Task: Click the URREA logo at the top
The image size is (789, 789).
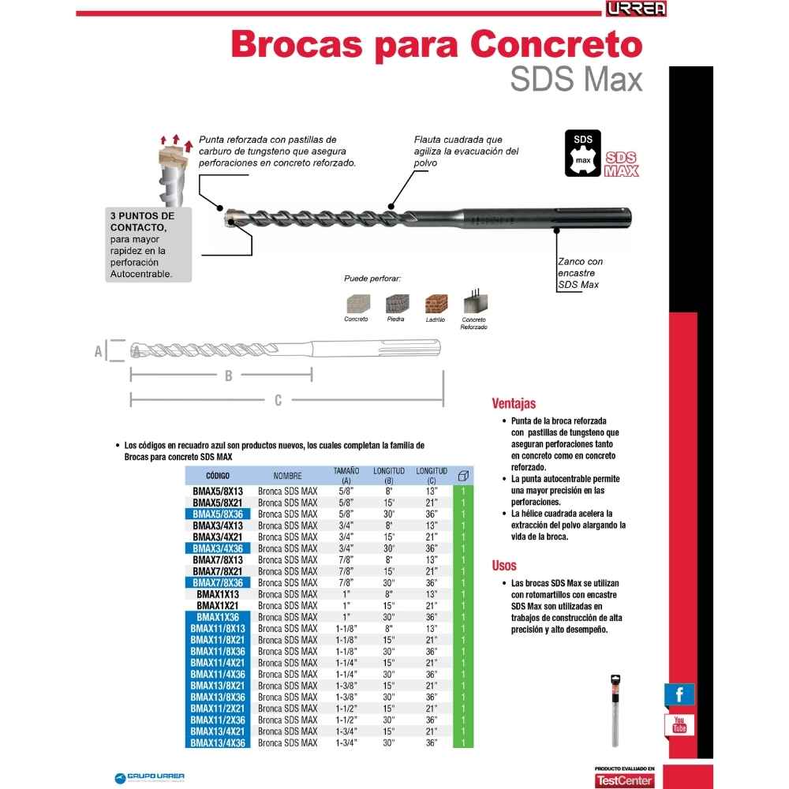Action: [636, 9]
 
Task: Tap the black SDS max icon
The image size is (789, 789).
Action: [582, 152]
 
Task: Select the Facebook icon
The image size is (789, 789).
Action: [679, 694]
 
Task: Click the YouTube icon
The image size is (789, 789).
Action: [679, 724]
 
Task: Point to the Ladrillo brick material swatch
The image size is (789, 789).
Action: [436, 304]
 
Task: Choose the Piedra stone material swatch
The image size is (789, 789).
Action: [397, 304]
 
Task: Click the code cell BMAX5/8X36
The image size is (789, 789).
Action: [218, 514]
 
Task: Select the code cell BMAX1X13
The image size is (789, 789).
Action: [218, 593]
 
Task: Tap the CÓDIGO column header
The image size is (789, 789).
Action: [218, 476]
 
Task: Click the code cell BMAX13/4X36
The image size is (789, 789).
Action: [218, 742]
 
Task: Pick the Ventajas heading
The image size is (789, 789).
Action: [514, 402]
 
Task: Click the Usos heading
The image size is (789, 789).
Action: [504, 565]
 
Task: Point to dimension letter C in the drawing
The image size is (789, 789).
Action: [278, 401]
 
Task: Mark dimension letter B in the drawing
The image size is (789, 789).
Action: [229, 376]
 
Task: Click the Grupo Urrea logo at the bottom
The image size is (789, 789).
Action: [150, 776]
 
